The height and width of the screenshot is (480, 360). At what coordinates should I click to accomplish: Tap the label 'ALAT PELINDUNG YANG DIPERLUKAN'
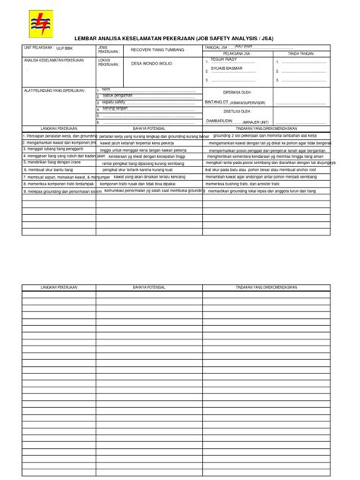(x=52, y=90)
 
